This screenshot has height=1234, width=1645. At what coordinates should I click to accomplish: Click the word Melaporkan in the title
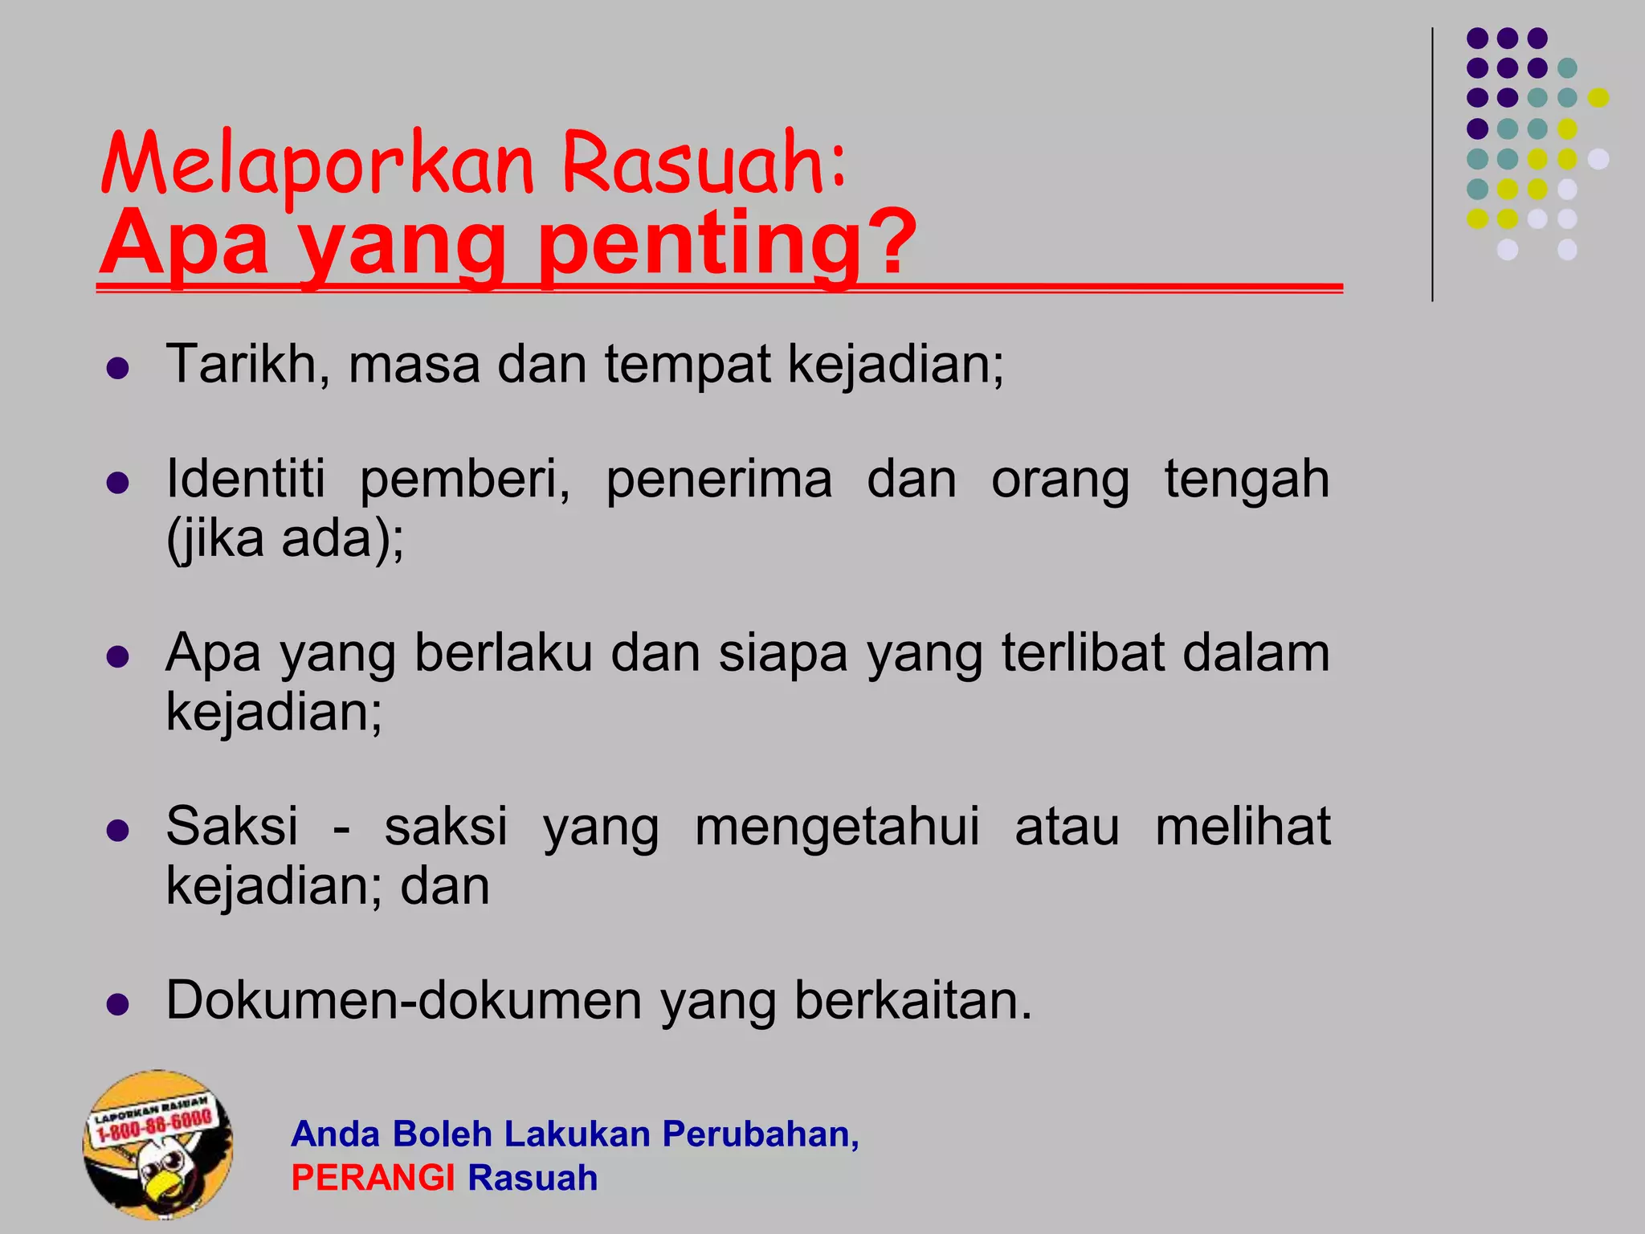click(318, 165)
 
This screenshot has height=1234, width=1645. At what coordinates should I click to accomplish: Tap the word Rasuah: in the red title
click(704, 165)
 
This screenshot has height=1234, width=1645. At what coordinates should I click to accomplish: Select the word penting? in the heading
click(728, 243)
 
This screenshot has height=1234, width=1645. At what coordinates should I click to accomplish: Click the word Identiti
click(246, 480)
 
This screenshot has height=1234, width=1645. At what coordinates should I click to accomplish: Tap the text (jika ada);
click(285, 538)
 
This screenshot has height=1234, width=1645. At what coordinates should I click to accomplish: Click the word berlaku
click(503, 652)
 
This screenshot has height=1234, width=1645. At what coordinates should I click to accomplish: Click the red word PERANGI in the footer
click(373, 1179)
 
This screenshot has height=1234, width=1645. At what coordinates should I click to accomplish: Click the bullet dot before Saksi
click(118, 830)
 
